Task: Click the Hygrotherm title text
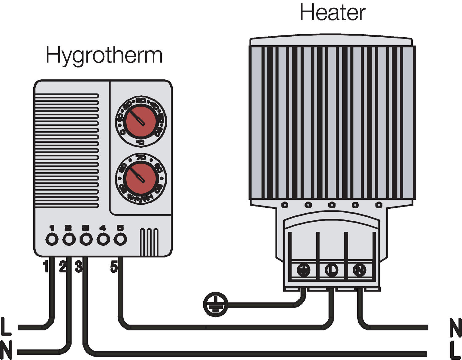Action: [104, 55]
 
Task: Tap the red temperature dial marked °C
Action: [140, 121]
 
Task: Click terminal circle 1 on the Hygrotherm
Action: [52, 239]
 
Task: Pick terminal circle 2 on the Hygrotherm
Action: [69, 239]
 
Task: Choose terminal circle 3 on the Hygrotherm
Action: [86, 239]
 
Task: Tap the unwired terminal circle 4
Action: [103, 239]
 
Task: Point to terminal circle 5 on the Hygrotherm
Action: [120, 239]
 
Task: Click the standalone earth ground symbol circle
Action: [215, 304]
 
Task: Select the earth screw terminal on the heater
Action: [303, 270]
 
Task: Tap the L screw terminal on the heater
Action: [331, 270]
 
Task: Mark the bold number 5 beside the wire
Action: [114, 267]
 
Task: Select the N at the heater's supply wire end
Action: [455, 327]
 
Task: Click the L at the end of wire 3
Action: [455, 351]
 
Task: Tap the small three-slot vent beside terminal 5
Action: [149, 242]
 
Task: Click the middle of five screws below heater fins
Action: [332, 205]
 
